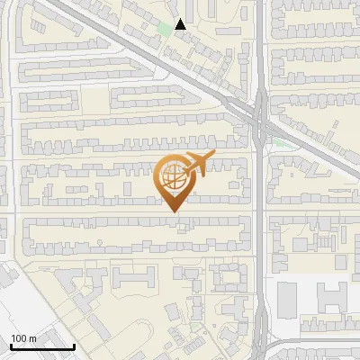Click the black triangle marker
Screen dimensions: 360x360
point(181,24)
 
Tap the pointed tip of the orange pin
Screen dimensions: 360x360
point(174,211)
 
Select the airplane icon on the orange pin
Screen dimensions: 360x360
point(199,164)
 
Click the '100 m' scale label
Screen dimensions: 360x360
point(24,337)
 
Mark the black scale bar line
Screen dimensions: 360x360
point(42,346)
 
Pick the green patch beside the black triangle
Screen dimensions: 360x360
point(165,29)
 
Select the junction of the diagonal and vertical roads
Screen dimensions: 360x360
point(260,118)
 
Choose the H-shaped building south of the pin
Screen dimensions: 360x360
point(139,279)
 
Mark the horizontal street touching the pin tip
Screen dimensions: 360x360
point(135,212)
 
